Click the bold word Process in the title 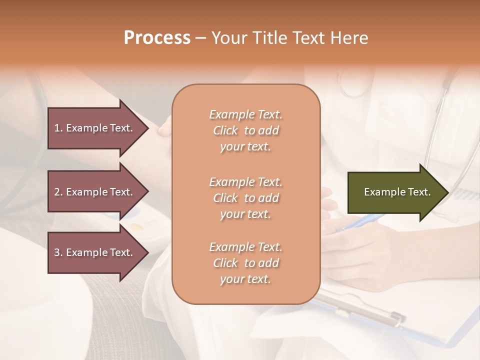(x=157, y=37)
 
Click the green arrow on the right (x=395, y=192)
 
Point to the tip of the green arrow (x=447, y=192)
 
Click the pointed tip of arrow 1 (x=147, y=128)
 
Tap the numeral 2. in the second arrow (x=58, y=192)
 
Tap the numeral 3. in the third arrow (x=58, y=252)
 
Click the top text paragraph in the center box (x=245, y=130)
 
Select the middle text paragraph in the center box (x=245, y=197)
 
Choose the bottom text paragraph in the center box (x=245, y=263)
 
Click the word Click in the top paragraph (x=225, y=130)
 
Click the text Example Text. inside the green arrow (x=397, y=192)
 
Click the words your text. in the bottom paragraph (x=245, y=279)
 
